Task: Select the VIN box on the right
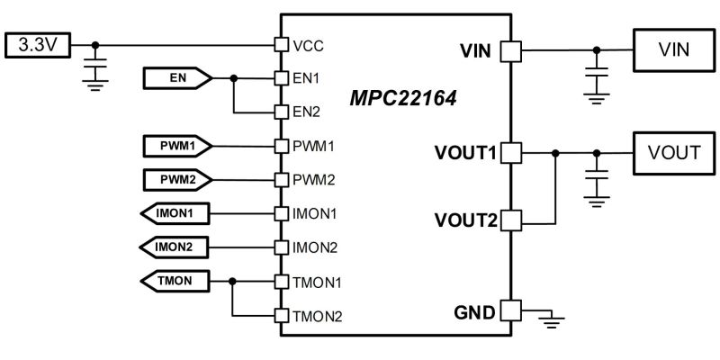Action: coord(673,49)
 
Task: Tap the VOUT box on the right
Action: coord(673,153)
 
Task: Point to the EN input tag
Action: coord(176,79)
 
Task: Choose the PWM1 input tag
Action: coord(176,145)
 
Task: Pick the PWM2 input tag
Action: coord(176,178)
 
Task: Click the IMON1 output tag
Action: coord(176,213)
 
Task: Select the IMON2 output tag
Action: coord(176,246)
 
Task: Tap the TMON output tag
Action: coord(176,281)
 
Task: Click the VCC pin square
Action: coord(281,44)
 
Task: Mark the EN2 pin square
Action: coord(281,112)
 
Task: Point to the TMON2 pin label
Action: coord(317,315)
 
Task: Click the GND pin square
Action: coord(510,311)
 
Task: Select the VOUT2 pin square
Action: coord(510,220)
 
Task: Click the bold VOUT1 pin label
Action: coord(465,153)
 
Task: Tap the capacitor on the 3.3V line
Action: coord(95,65)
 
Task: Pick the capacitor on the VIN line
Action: coord(594,72)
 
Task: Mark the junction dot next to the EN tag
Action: coord(234,79)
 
